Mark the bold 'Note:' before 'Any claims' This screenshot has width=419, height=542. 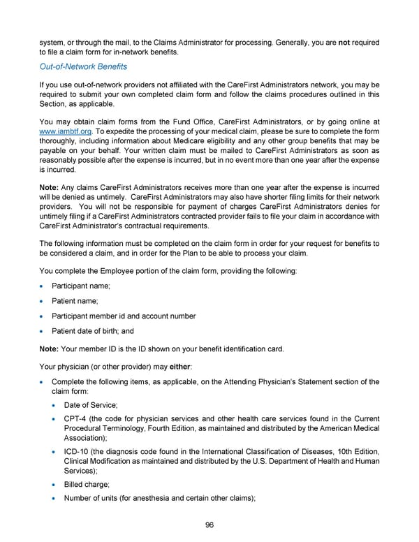point(50,188)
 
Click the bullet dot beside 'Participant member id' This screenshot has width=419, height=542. point(43,316)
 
